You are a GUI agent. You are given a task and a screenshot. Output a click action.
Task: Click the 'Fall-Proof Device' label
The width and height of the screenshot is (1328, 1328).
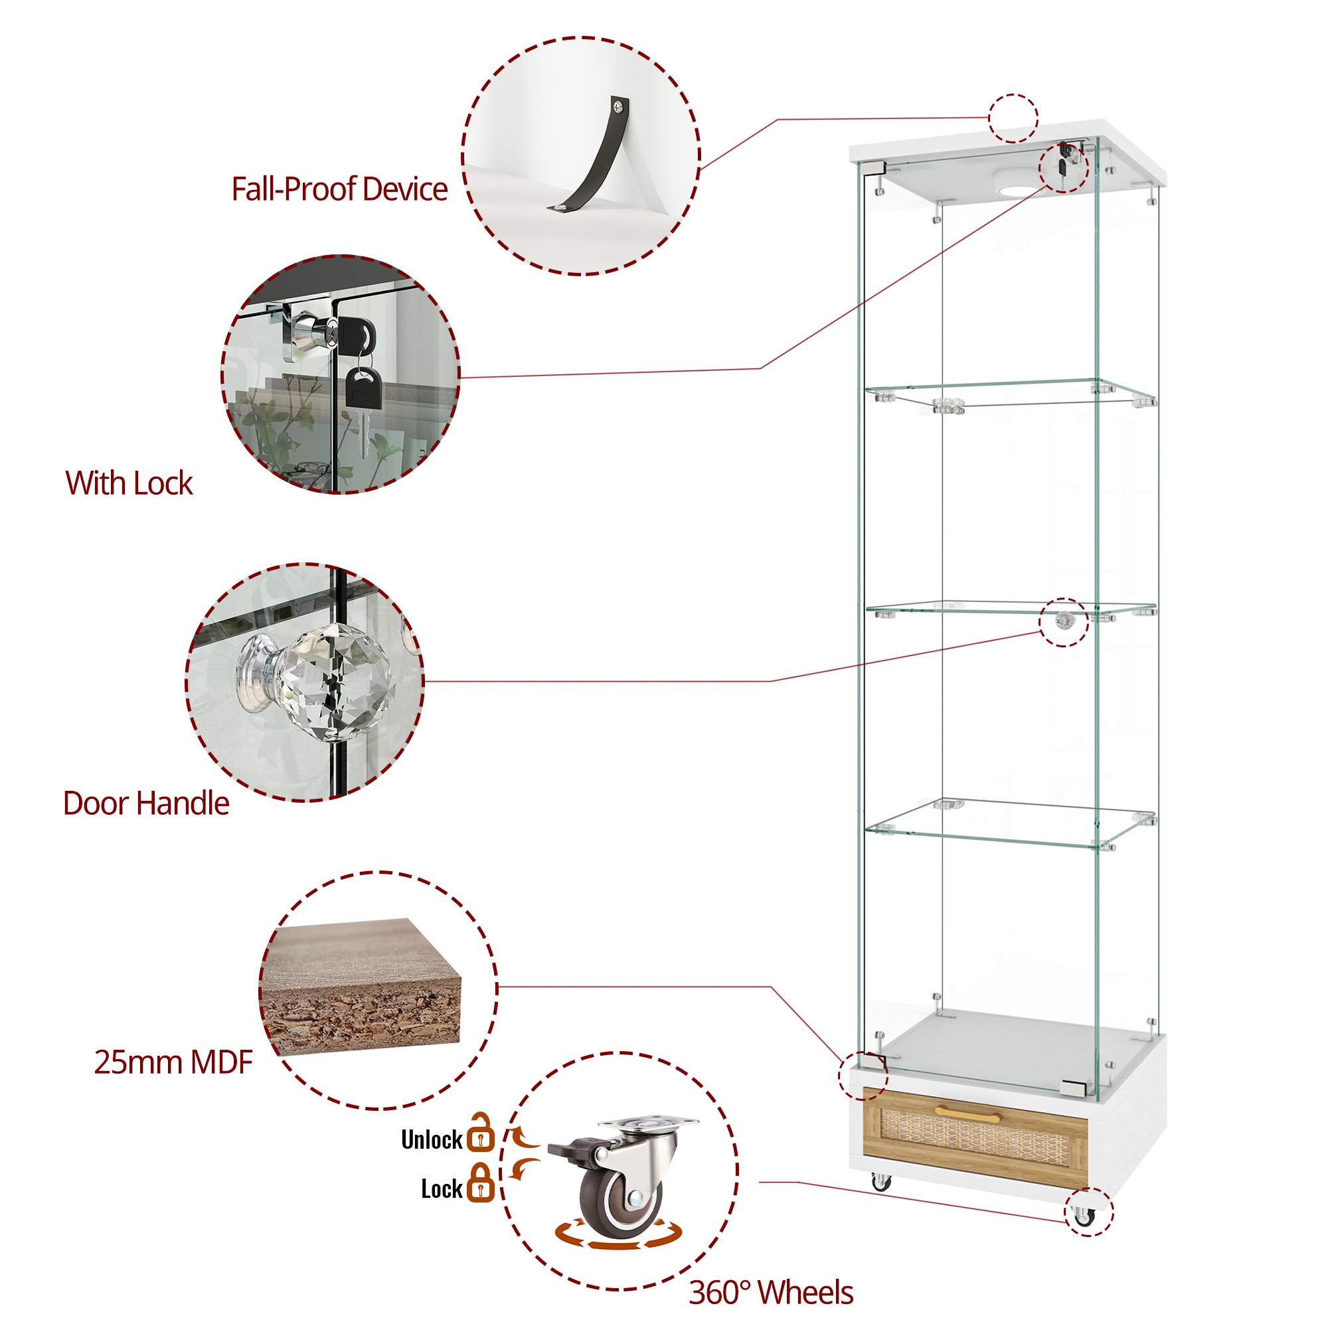tap(339, 189)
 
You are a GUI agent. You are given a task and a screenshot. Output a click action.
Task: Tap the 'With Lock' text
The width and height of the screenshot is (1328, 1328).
tap(129, 483)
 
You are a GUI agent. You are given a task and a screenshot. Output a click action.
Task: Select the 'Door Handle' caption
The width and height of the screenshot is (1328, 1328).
tap(145, 803)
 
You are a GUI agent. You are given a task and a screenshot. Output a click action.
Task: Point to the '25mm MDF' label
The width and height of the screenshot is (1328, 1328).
tap(173, 1062)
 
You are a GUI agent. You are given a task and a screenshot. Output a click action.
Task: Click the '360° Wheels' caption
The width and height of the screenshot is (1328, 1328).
tap(770, 1292)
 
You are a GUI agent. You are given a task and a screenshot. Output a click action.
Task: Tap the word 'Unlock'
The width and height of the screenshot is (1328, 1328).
tap(432, 1139)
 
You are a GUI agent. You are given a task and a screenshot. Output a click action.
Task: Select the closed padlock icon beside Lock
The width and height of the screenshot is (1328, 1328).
tap(481, 1184)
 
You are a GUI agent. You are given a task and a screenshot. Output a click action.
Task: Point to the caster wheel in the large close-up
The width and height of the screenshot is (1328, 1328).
tap(619, 1193)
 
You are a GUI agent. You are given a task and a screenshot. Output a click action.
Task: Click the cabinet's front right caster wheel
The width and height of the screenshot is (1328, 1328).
tap(1084, 1215)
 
